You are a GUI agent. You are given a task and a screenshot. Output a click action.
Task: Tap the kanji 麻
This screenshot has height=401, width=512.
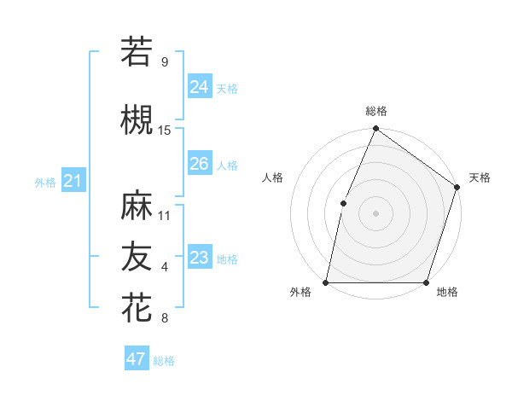(137, 206)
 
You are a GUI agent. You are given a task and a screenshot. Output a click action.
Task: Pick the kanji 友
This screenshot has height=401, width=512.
(137, 256)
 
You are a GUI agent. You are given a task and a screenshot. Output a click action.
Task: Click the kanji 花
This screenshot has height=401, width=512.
(137, 306)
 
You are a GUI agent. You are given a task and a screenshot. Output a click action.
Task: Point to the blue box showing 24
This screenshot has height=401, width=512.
(199, 86)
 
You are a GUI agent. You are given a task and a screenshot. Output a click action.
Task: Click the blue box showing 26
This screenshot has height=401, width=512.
(199, 164)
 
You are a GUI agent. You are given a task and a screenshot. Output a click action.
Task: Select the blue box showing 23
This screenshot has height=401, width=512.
(199, 258)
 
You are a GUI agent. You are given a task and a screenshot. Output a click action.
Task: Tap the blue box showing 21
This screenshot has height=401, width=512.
(73, 181)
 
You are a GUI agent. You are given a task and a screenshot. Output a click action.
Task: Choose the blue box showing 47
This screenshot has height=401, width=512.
(137, 359)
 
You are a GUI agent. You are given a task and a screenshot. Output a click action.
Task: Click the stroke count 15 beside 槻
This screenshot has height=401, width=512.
(165, 131)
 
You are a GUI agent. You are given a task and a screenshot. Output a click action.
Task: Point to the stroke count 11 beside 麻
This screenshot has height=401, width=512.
(165, 215)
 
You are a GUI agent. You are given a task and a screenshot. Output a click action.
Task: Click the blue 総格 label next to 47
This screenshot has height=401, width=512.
(164, 361)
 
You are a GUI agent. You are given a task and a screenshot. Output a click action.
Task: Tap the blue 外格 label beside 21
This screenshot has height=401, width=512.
(45, 182)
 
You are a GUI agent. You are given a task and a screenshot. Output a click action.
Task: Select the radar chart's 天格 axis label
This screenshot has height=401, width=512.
(480, 177)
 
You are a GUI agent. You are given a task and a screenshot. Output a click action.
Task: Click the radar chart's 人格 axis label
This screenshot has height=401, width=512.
(273, 177)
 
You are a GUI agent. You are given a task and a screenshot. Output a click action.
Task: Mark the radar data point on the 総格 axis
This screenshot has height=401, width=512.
(375, 129)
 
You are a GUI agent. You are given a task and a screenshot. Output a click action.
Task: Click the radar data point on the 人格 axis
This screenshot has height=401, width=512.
(343, 203)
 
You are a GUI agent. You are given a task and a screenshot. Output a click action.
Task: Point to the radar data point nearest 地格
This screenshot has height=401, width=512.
(426, 282)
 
